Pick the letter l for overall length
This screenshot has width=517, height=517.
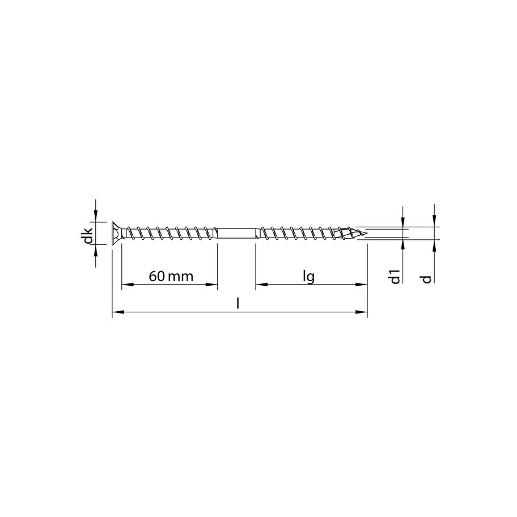pos(239,304)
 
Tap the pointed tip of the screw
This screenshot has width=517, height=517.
pos(363,232)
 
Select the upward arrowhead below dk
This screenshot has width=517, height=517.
pos(96,249)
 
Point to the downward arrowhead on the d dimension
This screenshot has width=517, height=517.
pos(434,221)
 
